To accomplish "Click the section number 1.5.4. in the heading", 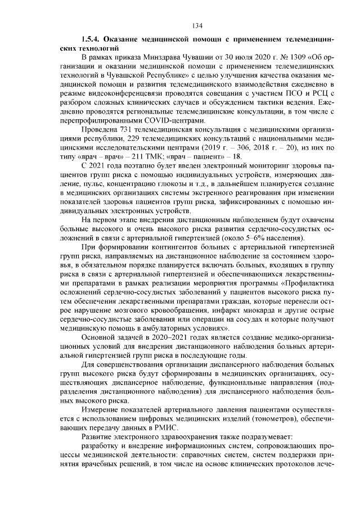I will click(93, 41).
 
